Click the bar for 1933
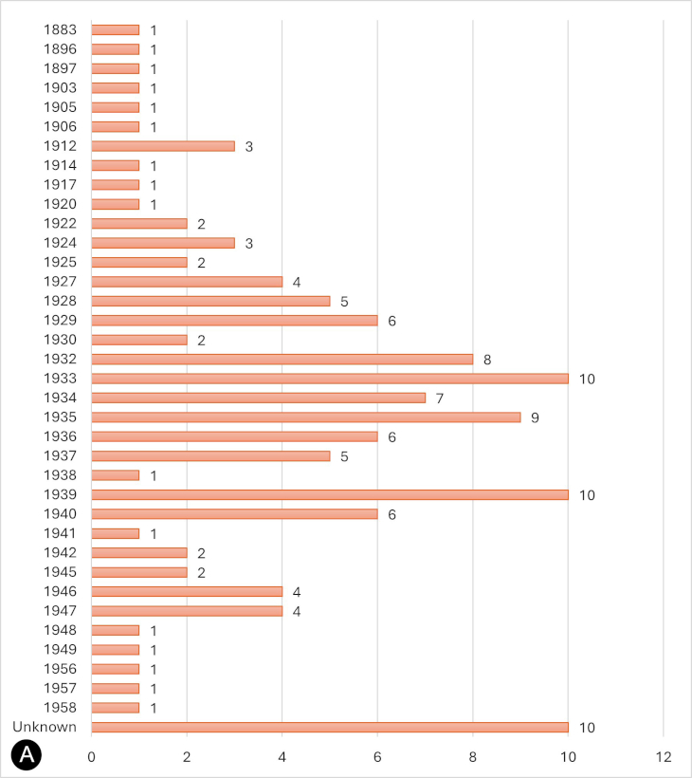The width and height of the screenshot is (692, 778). pos(330,379)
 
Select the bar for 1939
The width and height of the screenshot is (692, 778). pos(330,494)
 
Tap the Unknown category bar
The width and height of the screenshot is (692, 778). pos(330,727)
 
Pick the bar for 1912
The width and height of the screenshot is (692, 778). pos(163,146)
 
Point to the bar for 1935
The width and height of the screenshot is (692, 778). pos(306,417)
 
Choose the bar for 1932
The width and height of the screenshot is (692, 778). pos(282,359)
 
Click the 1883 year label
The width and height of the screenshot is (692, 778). pos(60,30)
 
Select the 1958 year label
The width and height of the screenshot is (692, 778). pos(60,708)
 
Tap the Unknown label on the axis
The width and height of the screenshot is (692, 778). pos(45,727)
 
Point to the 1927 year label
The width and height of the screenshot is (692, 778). pos(60,282)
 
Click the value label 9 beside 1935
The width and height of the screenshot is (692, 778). pos(535,417)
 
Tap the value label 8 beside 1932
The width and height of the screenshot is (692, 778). pos(487,360)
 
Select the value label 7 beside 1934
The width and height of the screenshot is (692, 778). pos(440,398)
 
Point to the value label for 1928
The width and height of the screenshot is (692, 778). pos(344,302)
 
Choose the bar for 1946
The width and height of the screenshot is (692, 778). pos(187,591)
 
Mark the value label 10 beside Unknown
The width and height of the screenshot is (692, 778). pos(586,728)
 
